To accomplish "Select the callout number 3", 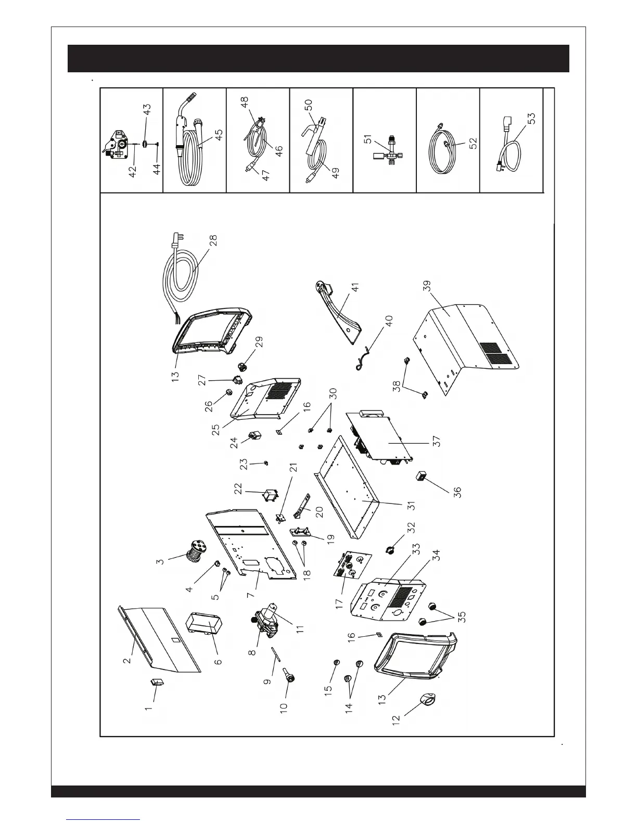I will click(x=160, y=561).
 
